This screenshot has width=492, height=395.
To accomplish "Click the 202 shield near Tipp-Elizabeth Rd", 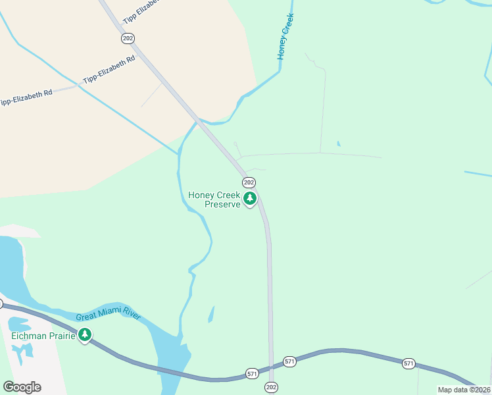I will tap(128, 39).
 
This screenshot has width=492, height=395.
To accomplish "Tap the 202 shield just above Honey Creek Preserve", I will tap(249, 182).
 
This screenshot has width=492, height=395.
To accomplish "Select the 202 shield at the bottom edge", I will tap(271, 386).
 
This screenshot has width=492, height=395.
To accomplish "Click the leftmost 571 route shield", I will tap(252, 373).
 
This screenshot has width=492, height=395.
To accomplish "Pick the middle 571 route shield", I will tap(289, 361).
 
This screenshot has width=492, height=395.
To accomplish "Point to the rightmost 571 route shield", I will tap(408, 363).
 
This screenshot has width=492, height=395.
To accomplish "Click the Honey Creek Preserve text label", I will tap(214, 199).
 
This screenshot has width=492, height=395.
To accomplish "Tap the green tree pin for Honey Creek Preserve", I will tap(249, 198).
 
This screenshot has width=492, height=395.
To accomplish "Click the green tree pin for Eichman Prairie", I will tap(84, 336).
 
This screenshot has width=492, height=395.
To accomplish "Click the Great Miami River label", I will tap(109, 316).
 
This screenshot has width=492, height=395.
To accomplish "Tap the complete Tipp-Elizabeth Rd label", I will tap(109, 69).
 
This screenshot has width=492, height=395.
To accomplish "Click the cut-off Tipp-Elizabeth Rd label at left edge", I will tap(25, 97).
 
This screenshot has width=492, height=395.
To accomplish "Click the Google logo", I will tap(22, 387).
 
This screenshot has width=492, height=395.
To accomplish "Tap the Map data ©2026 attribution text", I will tap(464, 390).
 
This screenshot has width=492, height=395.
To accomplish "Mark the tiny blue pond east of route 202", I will tap(338, 144).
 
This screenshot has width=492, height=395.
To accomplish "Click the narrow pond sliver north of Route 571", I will tap(211, 314).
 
